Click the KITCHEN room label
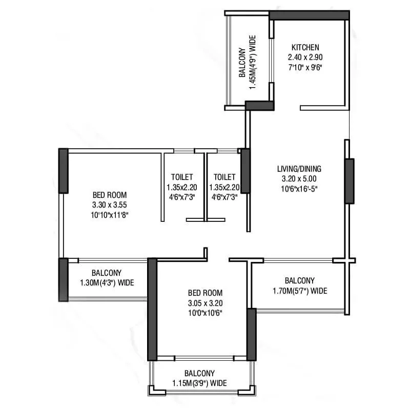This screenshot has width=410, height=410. click(305, 47)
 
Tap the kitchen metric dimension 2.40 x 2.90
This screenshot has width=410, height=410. click(305, 57)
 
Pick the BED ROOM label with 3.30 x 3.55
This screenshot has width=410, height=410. click(109, 195)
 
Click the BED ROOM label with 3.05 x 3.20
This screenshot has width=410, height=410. click(205, 293)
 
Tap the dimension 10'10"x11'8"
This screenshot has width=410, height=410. click(109, 215)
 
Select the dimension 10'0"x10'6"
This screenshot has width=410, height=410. click(205, 313)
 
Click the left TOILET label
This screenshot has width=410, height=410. click(183, 177)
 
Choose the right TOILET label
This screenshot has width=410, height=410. click(225, 177)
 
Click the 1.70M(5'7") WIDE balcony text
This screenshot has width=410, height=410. click(299, 291)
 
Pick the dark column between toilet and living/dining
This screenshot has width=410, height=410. click(245, 171)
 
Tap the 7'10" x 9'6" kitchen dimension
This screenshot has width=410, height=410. click(305, 67)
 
